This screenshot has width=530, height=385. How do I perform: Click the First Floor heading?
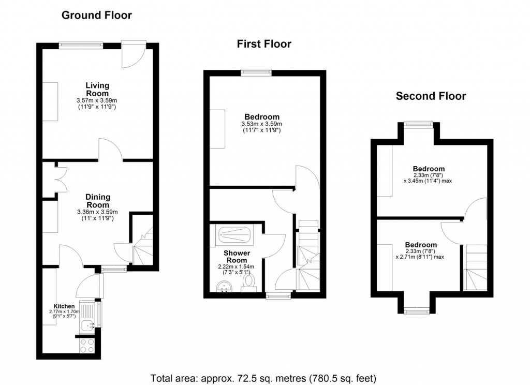pyautogui.click(x=264, y=45)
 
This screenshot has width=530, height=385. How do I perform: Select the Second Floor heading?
pyautogui.click(x=431, y=96)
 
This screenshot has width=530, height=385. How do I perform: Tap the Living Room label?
pyautogui.click(x=97, y=89)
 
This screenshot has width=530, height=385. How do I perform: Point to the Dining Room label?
pyautogui.click(x=97, y=200)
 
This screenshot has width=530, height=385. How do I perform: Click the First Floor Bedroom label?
pyautogui.click(x=260, y=117)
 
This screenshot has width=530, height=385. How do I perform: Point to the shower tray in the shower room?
pyautogui.click(x=234, y=236)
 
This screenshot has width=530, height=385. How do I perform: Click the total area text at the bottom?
pyautogui.click(x=263, y=377)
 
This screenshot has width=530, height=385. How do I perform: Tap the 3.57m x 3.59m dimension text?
pyautogui.click(x=97, y=100)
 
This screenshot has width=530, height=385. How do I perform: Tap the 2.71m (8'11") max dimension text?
pyautogui.click(x=420, y=257)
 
